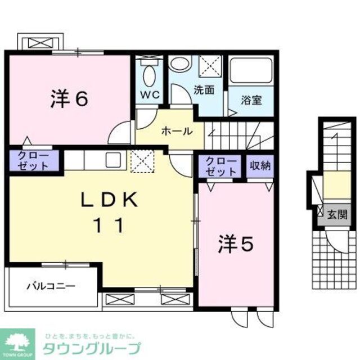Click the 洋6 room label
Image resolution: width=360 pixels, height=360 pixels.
click(69, 100)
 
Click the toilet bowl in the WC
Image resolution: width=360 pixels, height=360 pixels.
click(149, 74)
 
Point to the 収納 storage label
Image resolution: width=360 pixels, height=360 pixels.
click(260, 166)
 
